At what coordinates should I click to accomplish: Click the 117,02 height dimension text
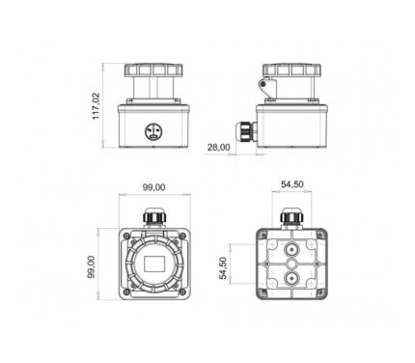(x=97, y=106)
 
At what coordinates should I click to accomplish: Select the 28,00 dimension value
(x=219, y=148)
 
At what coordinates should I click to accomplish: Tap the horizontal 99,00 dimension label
(x=154, y=187)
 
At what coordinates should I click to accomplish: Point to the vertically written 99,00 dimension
(x=92, y=266)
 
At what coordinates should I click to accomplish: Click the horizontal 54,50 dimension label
(x=292, y=184)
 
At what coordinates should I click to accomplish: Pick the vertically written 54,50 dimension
(x=223, y=268)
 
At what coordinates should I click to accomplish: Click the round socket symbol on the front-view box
(x=152, y=131)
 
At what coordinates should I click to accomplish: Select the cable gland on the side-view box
(x=246, y=131)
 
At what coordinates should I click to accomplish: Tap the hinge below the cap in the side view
(x=267, y=87)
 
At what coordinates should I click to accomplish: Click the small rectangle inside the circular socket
(x=154, y=264)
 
